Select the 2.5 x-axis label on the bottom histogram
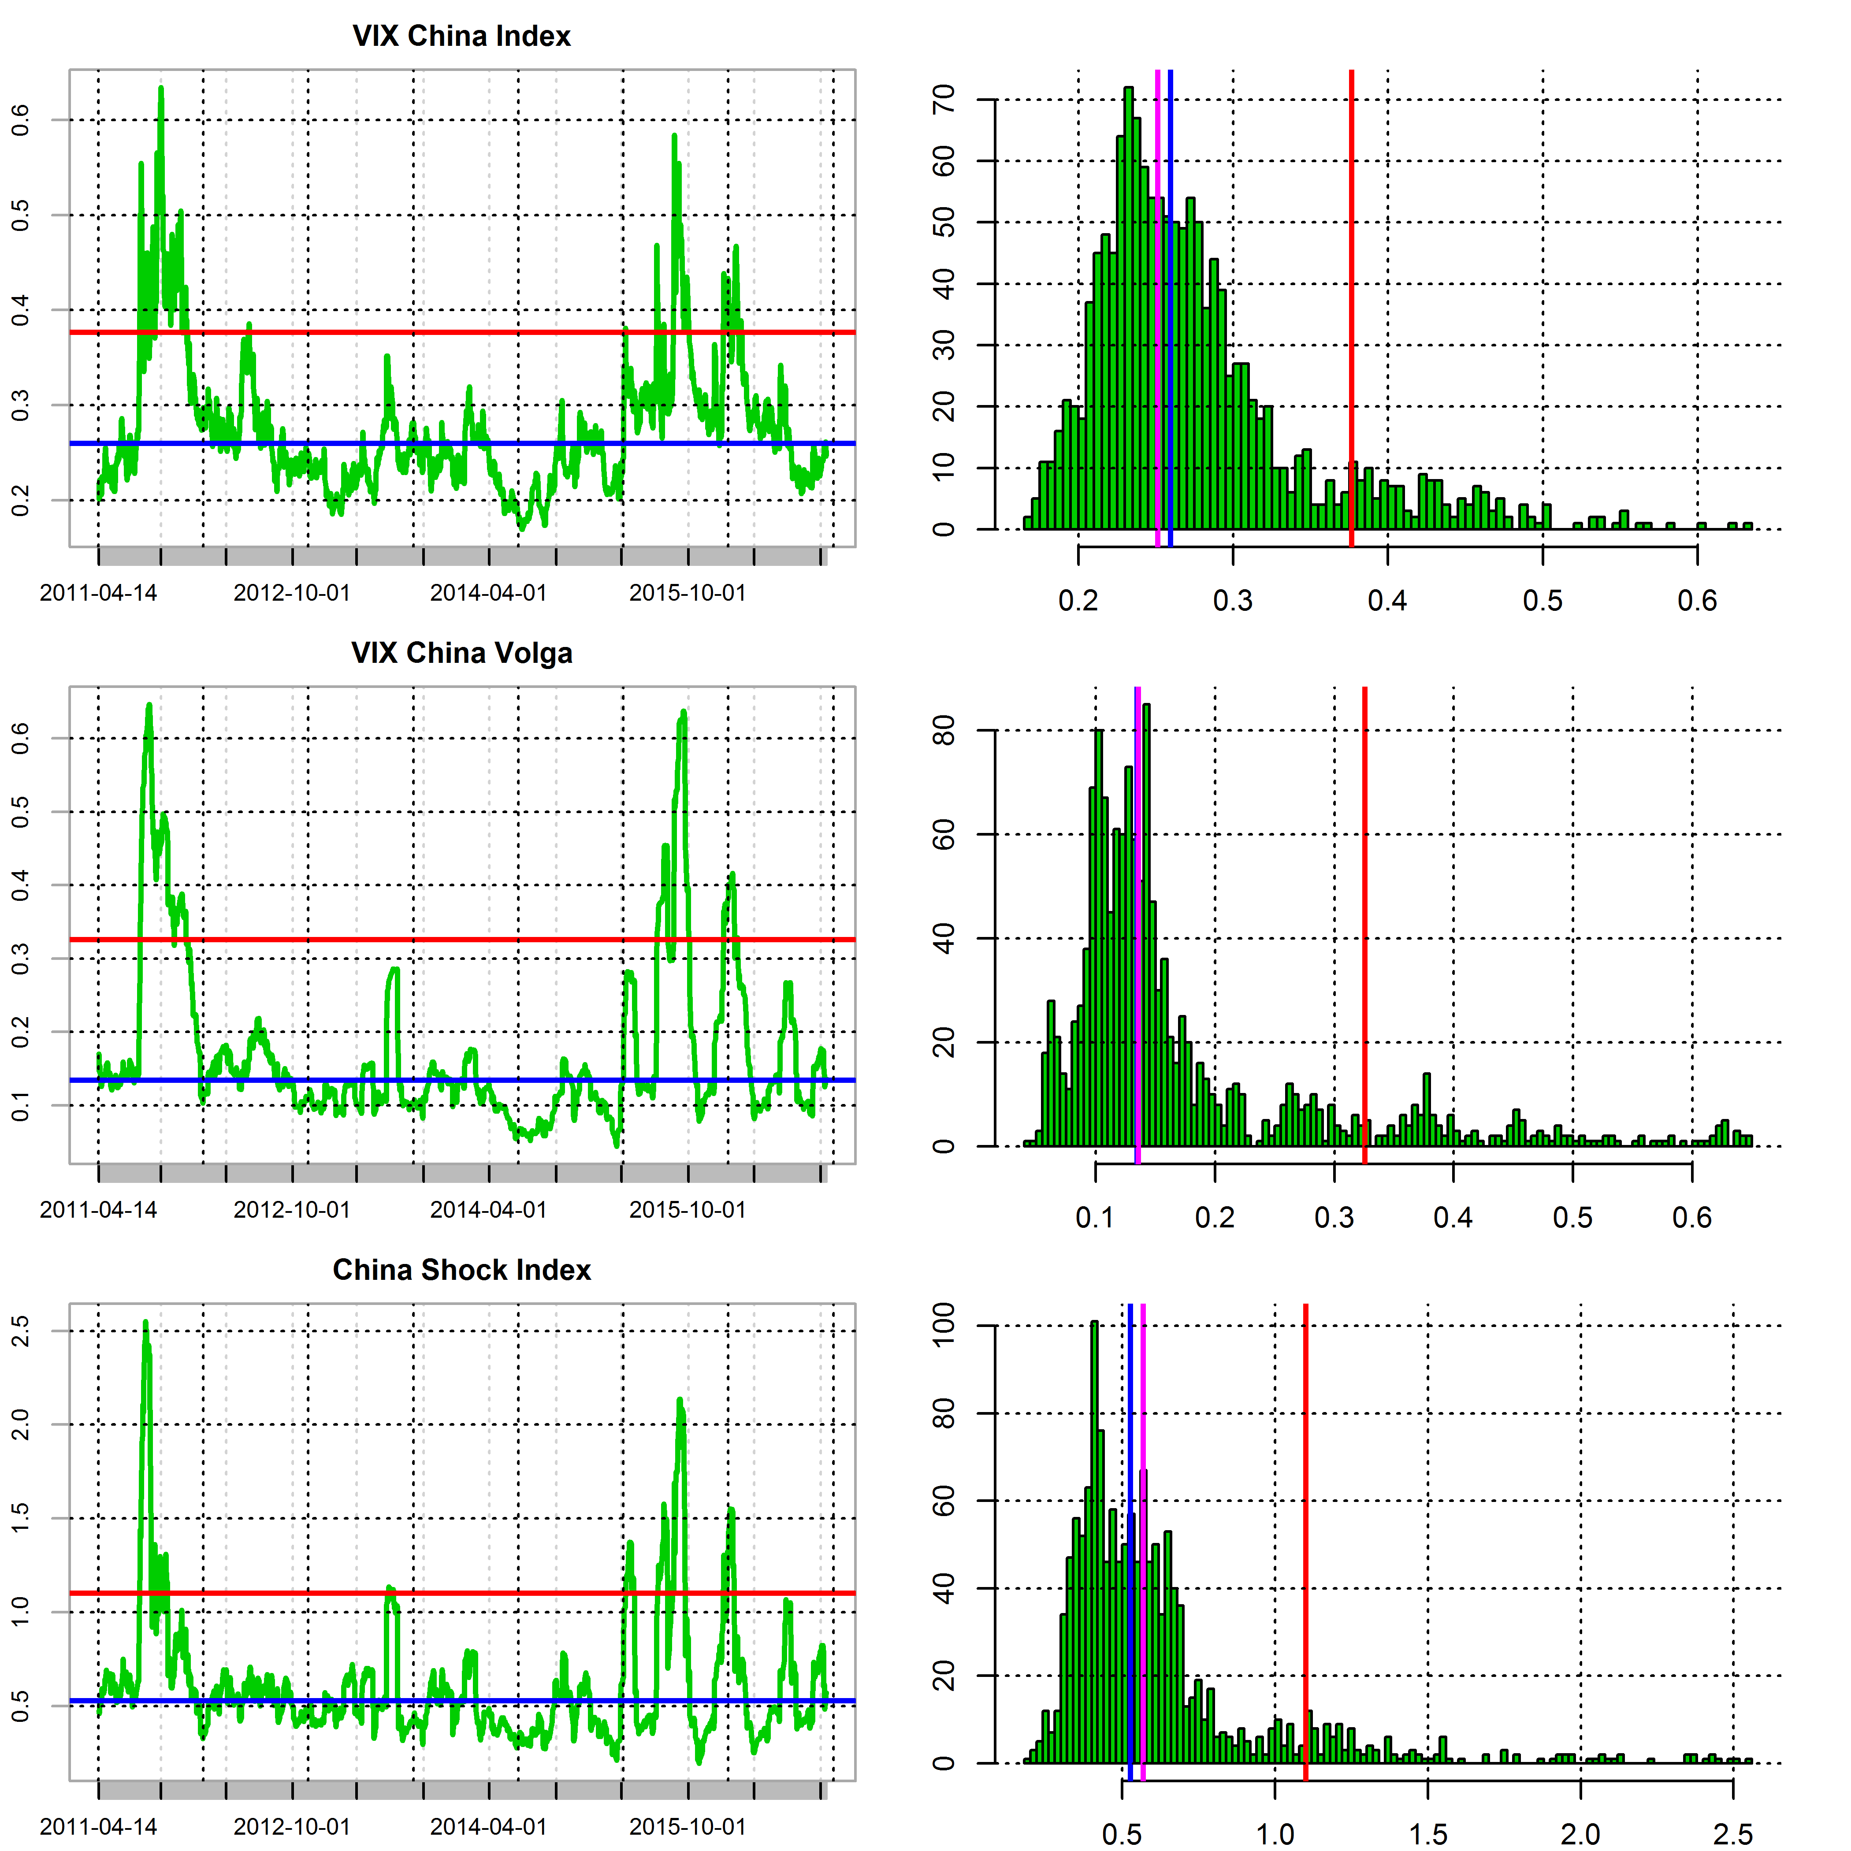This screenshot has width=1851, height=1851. (x=1732, y=1835)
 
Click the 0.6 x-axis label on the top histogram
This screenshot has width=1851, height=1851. (x=1697, y=601)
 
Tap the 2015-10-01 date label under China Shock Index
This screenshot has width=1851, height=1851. (x=687, y=1827)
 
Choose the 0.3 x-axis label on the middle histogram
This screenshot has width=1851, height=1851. (x=1334, y=1218)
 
